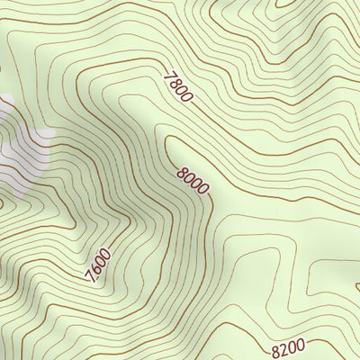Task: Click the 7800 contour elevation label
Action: click(x=177, y=86)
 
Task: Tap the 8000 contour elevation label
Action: click(x=193, y=181)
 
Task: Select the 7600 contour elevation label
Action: click(x=99, y=265)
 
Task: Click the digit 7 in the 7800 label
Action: click(x=167, y=76)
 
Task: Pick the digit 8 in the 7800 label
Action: click(x=174, y=83)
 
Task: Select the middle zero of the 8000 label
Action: click(x=196, y=184)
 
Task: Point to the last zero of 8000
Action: click(x=202, y=191)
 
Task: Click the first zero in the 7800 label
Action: click(x=181, y=90)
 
